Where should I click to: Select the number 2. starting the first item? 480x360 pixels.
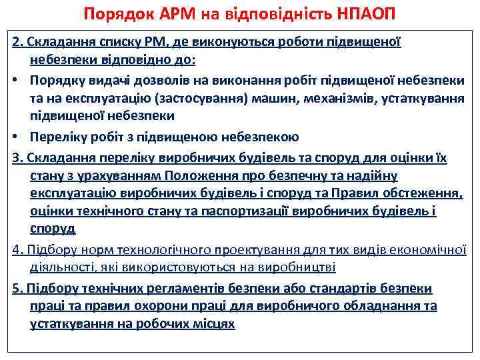[17, 42]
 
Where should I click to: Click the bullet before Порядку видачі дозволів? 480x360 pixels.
[15, 80]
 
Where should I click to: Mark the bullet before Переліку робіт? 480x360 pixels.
[15, 137]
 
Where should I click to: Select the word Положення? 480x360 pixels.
[200, 175]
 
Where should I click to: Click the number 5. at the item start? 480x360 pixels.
[17, 288]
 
